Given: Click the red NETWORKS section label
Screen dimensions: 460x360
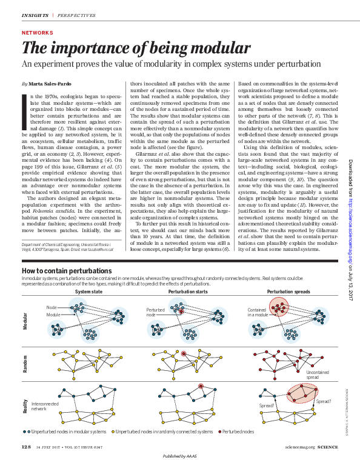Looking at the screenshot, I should (x=37, y=33).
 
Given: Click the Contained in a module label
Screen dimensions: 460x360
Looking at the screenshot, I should (x=256, y=312).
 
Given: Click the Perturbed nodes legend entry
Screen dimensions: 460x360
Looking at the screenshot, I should (x=238, y=432).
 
